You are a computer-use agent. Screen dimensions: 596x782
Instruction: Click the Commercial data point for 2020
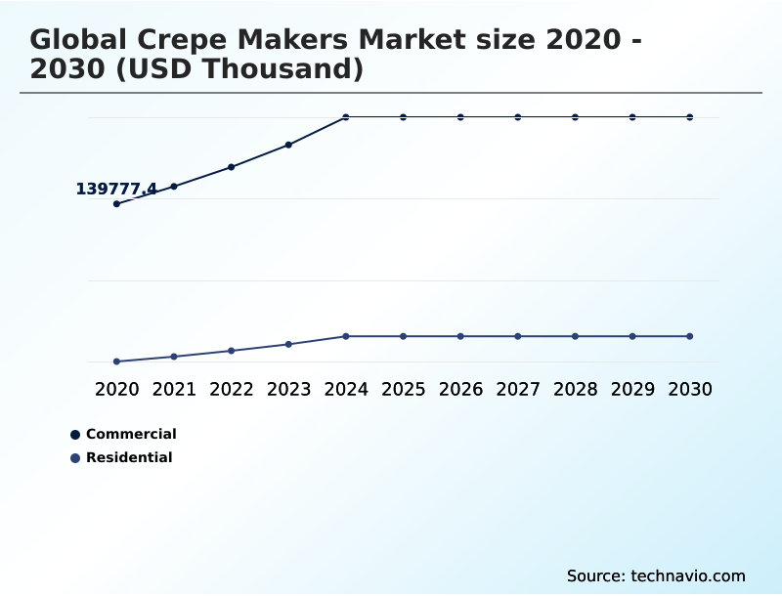116,203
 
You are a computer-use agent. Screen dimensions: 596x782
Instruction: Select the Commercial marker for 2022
232,167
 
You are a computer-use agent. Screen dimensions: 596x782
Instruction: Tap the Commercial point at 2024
346,117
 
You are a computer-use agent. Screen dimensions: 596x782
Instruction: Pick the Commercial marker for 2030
690,117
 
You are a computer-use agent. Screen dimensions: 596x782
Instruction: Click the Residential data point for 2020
116,362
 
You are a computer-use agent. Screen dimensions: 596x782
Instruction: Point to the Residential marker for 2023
288,344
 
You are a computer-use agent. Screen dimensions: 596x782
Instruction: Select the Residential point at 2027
518,336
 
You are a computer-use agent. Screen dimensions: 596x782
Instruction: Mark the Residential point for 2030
690,336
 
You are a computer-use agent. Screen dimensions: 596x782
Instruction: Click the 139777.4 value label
116,189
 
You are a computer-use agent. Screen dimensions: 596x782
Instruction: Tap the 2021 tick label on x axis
174,389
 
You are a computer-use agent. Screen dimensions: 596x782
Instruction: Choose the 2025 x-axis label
403,389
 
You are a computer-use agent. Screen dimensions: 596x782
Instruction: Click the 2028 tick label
575,389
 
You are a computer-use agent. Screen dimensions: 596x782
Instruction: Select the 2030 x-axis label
690,389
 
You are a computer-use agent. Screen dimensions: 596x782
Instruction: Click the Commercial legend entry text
131,434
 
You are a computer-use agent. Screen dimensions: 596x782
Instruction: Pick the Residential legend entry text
129,457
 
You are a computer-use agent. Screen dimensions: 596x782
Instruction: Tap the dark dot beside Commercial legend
75,435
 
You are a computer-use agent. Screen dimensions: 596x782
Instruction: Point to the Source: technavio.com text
656,575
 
